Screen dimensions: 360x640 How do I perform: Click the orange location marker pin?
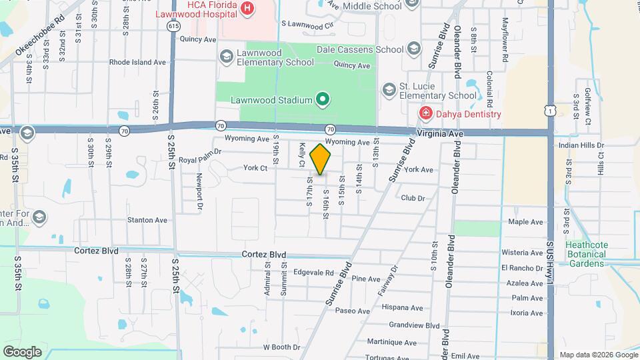click(x=321, y=159)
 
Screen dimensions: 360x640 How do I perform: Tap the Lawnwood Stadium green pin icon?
click(x=323, y=100)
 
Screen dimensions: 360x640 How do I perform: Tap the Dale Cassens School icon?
click(x=414, y=49)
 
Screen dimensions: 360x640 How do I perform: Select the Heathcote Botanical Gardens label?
click(x=587, y=254)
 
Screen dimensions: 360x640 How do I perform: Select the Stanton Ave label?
click(x=147, y=220)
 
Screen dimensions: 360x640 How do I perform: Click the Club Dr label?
click(x=413, y=198)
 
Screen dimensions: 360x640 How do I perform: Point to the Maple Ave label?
click(x=526, y=222)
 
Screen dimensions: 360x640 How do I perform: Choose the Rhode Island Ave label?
click(x=137, y=62)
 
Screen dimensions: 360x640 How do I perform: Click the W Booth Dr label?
click(x=282, y=347)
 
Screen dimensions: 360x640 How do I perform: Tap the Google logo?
click(x=22, y=351)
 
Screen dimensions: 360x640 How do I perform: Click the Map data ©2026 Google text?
click(x=598, y=355)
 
